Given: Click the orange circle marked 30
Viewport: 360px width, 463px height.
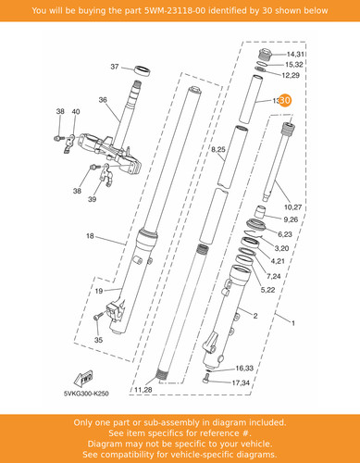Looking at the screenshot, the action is tap(285, 100).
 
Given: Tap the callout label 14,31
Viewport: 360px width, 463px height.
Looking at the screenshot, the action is tap(295, 55).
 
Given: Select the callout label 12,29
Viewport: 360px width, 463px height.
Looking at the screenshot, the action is tap(291, 75).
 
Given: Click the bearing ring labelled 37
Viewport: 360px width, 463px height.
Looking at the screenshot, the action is tap(143, 70).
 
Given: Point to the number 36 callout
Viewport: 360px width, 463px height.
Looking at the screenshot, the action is tap(103, 100).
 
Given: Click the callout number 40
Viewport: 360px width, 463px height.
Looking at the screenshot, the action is tap(76, 111).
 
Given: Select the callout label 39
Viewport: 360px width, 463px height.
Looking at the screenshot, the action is tap(93, 199).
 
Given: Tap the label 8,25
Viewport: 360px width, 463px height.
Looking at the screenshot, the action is tap(218, 150).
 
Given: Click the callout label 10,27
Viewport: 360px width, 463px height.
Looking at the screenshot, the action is tap(292, 206).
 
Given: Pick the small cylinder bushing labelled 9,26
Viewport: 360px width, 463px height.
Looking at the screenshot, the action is tap(260, 212).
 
